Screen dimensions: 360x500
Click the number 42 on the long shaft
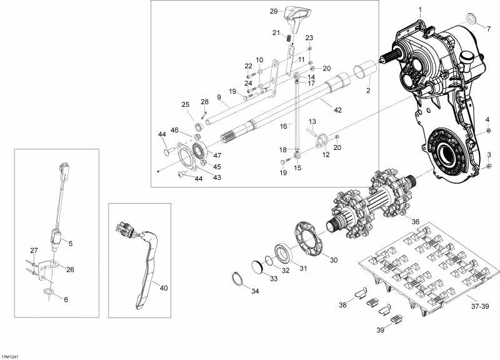(337, 110)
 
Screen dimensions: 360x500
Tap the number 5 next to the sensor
(70, 243)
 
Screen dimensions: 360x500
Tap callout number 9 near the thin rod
(219, 97)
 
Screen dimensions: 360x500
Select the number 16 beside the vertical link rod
(283, 126)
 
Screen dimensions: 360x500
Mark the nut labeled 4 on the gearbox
(488, 132)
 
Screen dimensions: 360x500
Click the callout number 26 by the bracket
(70, 270)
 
